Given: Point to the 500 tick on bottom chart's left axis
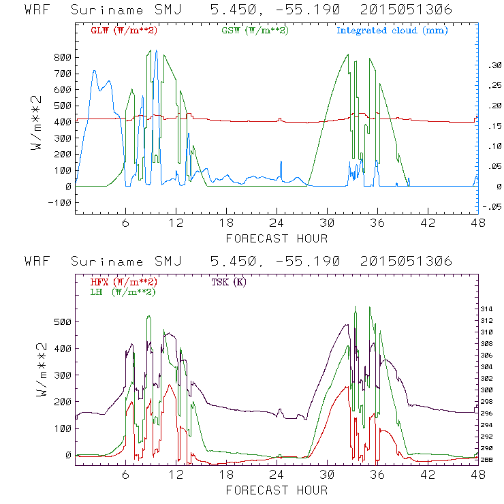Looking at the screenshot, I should click(63, 321).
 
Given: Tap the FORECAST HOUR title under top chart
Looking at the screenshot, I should click(277, 238).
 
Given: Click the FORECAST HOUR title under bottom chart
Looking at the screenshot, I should click(277, 490).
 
